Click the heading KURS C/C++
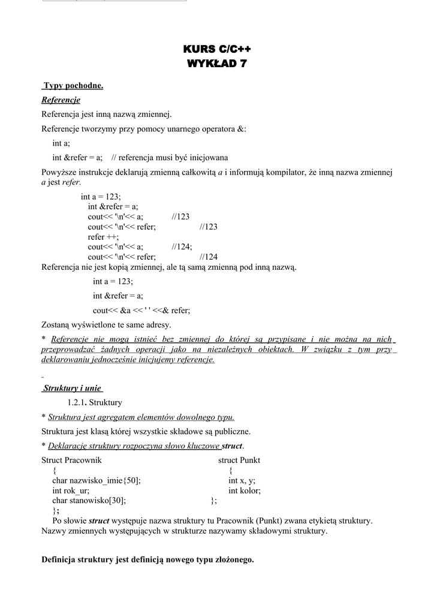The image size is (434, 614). tap(217, 49)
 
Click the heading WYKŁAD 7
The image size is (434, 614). tap(217, 63)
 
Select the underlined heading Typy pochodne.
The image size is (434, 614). tap(73, 86)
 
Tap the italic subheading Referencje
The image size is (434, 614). tap(61, 100)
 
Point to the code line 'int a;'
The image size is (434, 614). tap(61, 143)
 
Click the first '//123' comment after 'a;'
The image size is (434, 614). tap(180, 216)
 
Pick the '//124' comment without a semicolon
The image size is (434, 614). tap(209, 257)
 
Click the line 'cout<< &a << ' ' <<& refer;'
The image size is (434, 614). tap(141, 310)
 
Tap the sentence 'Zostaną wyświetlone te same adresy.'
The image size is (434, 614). tap(106, 325)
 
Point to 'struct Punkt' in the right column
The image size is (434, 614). tap(239, 460)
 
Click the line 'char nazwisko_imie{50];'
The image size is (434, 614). tap(97, 480)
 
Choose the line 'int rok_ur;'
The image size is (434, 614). tap(71, 490)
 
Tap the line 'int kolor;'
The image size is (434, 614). tap(245, 490)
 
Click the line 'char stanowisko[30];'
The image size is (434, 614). tap(89, 500)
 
